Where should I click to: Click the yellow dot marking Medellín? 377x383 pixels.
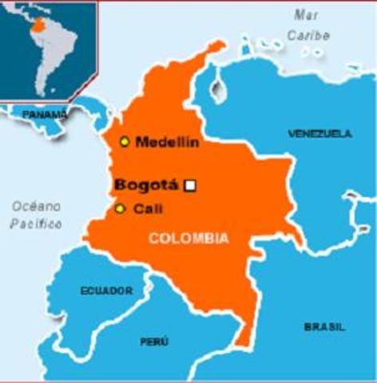coord(125,141)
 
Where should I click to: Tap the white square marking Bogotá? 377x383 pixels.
coord(190,186)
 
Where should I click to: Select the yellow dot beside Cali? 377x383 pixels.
coord(120,209)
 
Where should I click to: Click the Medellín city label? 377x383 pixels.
coord(167,142)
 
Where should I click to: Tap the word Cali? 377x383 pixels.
coord(145,209)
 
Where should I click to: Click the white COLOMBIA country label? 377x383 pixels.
coord(188,238)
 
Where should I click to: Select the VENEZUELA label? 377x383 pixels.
coord(319,133)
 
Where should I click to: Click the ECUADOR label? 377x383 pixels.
coord(106,291)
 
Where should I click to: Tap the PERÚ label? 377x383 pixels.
coord(154,342)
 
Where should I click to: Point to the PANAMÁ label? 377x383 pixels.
coord(45,114)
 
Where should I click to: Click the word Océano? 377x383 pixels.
coord(36,206)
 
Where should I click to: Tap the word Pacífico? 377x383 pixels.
coord(36,224)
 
